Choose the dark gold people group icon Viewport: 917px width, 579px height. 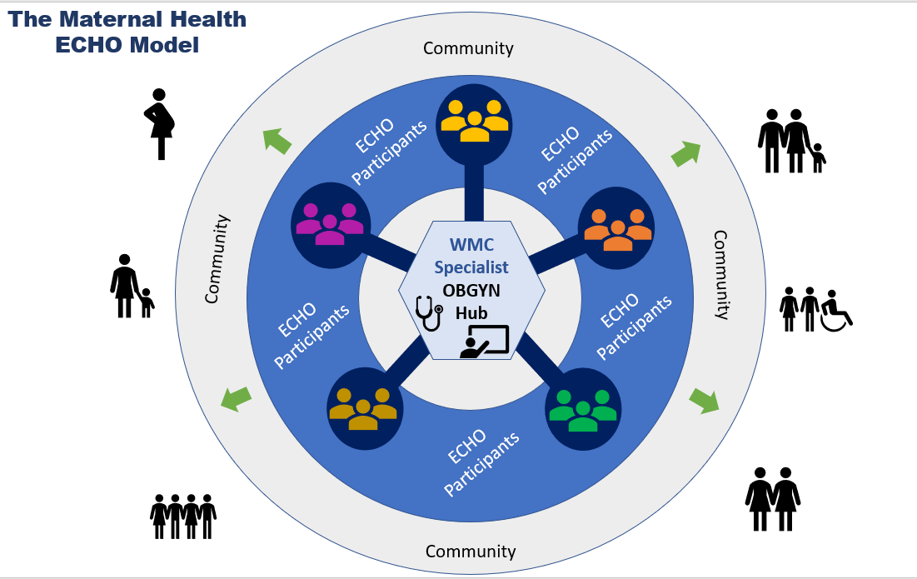(x=363, y=409)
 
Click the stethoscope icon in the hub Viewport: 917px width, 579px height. (x=429, y=313)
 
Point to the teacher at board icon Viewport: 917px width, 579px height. (x=484, y=342)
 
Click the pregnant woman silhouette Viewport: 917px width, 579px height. (x=160, y=124)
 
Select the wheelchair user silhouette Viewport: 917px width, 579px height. (x=836, y=310)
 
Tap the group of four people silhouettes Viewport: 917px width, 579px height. (x=183, y=517)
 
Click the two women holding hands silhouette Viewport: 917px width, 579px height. (x=772, y=498)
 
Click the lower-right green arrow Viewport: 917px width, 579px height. (x=705, y=401)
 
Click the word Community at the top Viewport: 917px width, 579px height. (x=468, y=48)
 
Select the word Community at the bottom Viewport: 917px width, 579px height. (x=471, y=552)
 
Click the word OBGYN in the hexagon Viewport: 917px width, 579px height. (x=471, y=292)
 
